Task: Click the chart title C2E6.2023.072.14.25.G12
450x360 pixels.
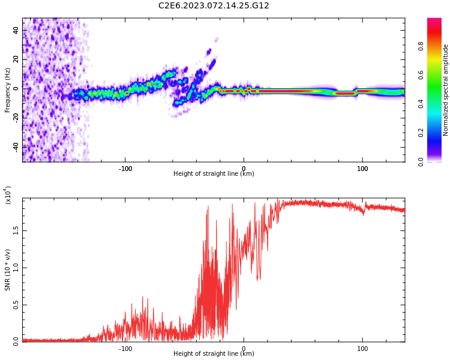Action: click(214, 6)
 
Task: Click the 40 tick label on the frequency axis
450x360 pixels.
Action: click(16, 30)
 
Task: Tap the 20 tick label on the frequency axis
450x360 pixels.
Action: click(16, 59)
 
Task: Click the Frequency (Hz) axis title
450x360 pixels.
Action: click(8, 90)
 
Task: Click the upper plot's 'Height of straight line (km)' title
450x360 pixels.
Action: click(214, 174)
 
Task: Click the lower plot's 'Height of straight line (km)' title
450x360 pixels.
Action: click(214, 354)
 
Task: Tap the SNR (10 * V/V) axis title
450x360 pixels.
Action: click(8, 269)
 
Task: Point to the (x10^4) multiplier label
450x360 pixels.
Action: click(8, 195)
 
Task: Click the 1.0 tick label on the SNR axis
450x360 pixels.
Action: click(15, 268)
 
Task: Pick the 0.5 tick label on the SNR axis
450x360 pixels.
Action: click(15, 305)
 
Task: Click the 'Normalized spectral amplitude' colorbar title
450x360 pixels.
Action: click(446, 90)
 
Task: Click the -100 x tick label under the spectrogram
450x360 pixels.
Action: click(125, 169)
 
